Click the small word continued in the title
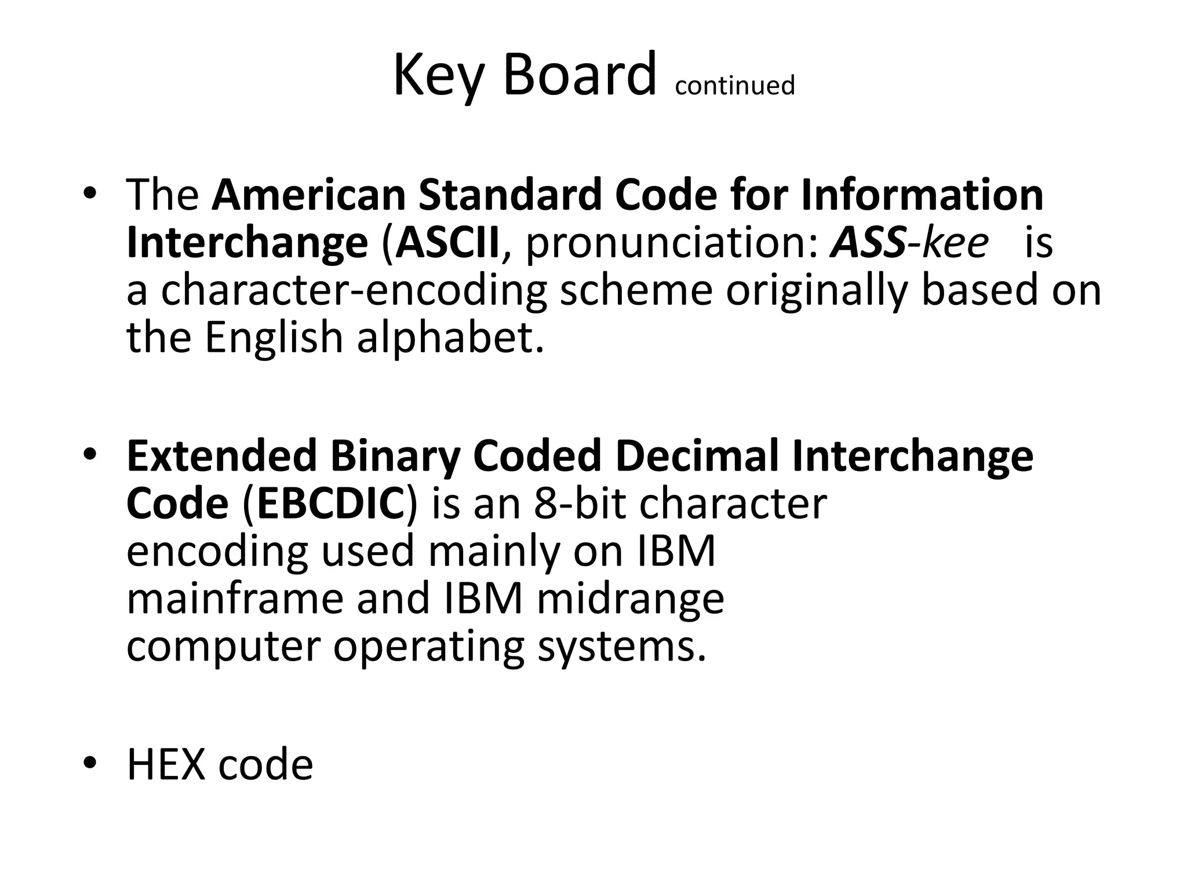click(734, 86)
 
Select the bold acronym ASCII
click(447, 243)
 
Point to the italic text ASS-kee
click(909, 243)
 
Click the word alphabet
click(450, 337)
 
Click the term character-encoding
click(354, 291)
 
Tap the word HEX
click(166, 765)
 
